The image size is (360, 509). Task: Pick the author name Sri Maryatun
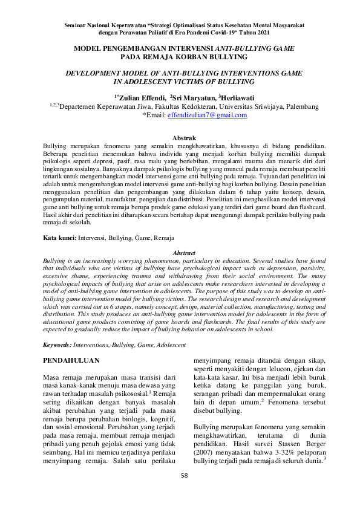point(194,97)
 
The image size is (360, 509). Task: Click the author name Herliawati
point(238,97)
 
